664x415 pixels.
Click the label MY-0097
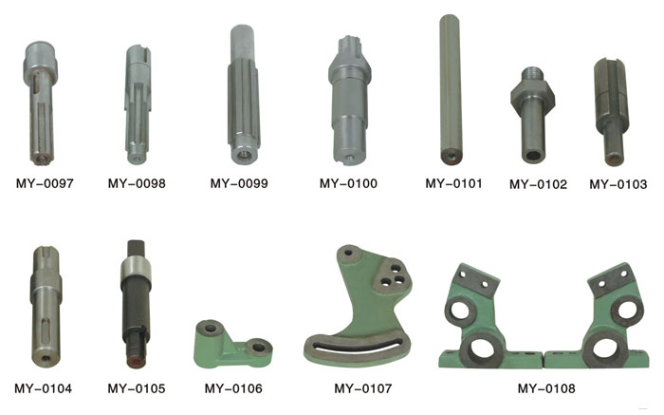pyautogui.click(x=45, y=183)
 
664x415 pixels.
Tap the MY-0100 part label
pyautogui.click(x=348, y=183)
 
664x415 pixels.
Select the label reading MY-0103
pyautogui.click(x=618, y=184)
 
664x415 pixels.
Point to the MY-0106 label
pyautogui.click(x=233, y=388)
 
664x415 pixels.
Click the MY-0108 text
pyautogui.click(x=546, y=388)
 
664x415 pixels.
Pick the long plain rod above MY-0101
pyautogui.click(x=451, y=89)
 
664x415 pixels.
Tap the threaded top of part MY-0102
pyautogui.click(x=532, y=74)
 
